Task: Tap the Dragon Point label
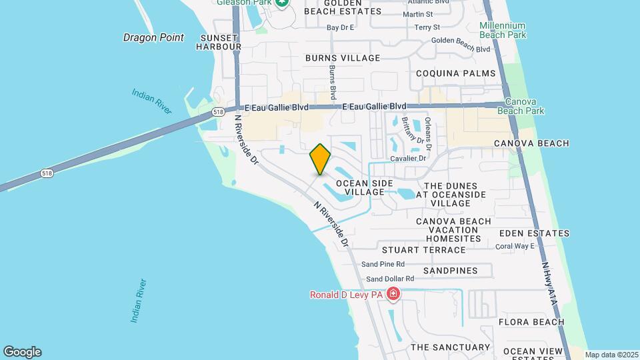153,37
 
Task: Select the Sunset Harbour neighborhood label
219,41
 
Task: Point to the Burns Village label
343,58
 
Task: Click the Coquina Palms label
456,73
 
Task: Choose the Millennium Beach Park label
503,30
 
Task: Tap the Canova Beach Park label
525,106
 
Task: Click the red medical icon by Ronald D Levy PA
393,294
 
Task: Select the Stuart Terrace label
423,250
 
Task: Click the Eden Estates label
533,233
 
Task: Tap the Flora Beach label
531,322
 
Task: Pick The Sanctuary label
450,347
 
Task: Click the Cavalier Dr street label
408,159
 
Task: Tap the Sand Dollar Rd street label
390,279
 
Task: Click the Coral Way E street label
515,246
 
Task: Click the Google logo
22,352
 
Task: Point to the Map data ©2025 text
611,355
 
